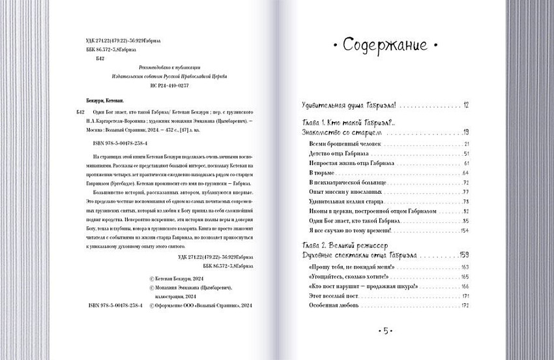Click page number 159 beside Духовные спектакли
click(x=463, y=254)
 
